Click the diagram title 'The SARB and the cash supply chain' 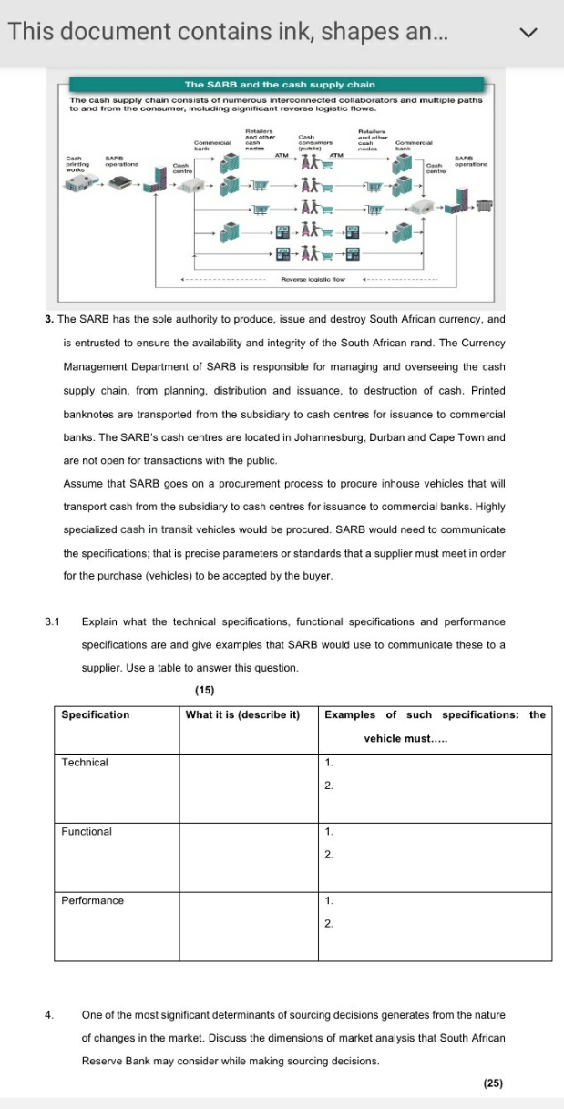click(x=281, y=85)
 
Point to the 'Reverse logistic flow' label click(x=313, y=279)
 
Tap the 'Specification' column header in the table click(x=95, y=714)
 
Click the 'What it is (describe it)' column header click(x=242, y=714)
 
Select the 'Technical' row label click(x=84, y=762)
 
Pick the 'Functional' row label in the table click(x=87, y=831)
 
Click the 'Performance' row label click(x=92, y=900)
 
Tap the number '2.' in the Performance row click(x=330, y=923)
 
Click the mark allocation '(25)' click(x=493, y=1083)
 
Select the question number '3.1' click(x=52, y=621)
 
